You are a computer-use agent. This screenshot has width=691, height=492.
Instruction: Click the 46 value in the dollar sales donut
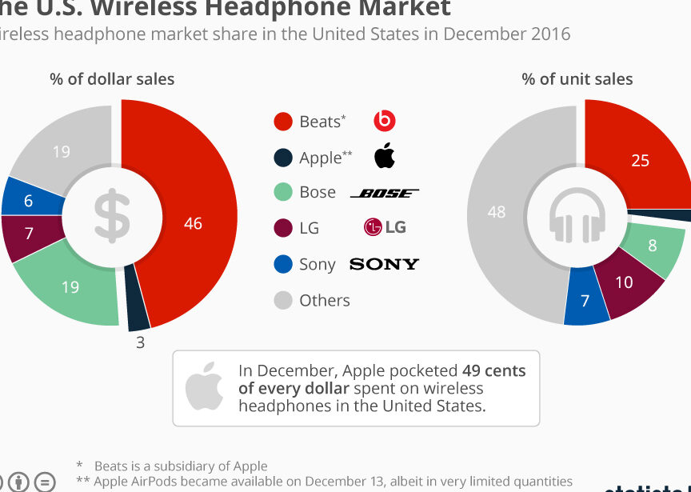tap(193, 224)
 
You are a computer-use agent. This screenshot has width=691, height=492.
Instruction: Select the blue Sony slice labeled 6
tap(29, 200)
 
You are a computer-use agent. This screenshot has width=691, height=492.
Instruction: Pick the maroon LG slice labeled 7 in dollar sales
tap(29, 234)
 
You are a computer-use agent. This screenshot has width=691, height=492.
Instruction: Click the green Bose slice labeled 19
tap(70, 286)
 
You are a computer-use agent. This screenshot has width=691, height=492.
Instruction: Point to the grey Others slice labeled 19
tap(62, 150)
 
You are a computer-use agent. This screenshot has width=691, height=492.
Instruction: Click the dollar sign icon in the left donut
tap(111, 218)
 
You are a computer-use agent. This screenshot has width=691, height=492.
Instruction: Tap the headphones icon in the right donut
tap(577, 218)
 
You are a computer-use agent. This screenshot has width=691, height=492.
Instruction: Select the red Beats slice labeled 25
tap(640, 160)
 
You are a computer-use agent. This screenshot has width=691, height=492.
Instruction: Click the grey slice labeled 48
tap(497, 212)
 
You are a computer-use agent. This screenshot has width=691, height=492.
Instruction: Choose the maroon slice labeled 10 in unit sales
tap(624, 282)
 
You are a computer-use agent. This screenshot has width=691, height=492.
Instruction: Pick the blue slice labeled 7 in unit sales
tap(585, 301)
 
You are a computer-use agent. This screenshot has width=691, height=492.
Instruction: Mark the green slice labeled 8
tap(653, 246)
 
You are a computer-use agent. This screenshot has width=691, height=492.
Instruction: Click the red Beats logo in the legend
tap(385, 121)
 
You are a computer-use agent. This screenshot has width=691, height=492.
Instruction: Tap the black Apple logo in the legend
tap(385, 156)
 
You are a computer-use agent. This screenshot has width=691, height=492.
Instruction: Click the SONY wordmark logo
tap(384, 264)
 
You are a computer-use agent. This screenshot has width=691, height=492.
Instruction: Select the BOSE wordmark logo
tap(385, 193)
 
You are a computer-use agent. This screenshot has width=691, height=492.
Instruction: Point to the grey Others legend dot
tap(282, 301)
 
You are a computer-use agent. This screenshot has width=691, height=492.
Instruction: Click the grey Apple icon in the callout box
tap(205, 386)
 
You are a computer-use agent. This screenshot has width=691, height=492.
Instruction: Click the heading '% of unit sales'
tap(577, 79)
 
